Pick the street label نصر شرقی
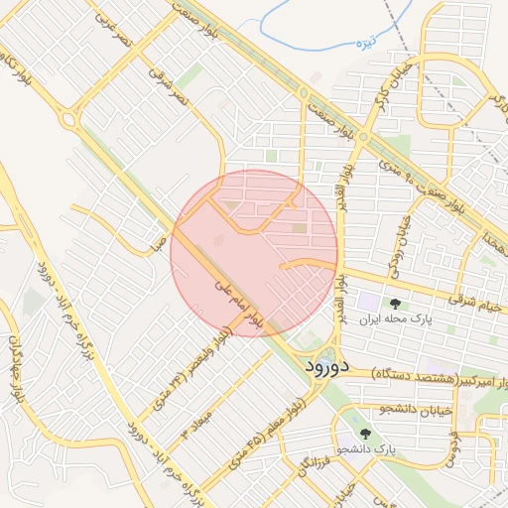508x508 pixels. (169, 88)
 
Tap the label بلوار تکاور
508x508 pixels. (23, 81)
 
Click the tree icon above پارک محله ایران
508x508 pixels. (396, 304)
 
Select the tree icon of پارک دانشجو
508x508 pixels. (364, 434)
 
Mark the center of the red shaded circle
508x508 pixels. (255, 253)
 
